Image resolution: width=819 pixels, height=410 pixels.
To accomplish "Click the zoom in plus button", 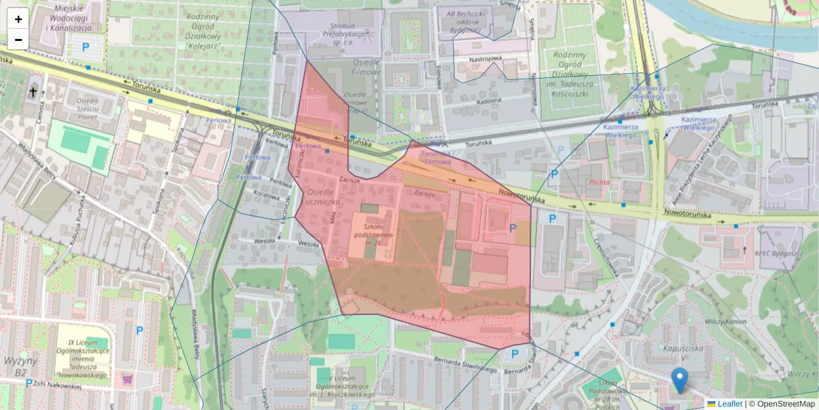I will [x=18, y=19].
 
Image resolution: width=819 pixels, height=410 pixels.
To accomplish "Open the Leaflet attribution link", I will [x=729, y=404].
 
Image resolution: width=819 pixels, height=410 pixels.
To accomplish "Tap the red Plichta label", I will [x=599, y=182].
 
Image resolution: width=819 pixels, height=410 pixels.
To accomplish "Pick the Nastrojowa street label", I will [x=485, y=59].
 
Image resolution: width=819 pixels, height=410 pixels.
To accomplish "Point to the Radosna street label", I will [x=489, y=100].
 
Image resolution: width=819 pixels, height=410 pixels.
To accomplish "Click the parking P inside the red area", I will [x=513, y=228].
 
